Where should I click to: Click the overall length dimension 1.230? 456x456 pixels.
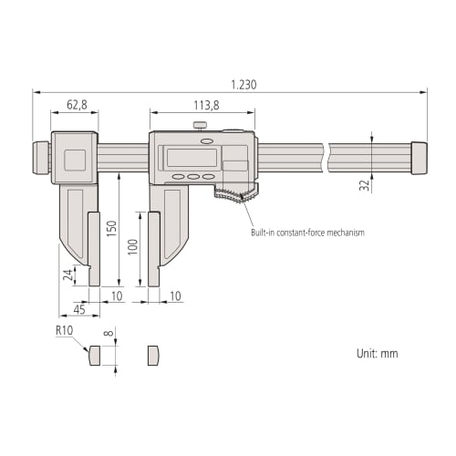[x=244, y=84]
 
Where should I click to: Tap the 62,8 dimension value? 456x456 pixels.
[x=77, y=106]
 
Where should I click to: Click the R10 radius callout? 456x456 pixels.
[x=64, y=330]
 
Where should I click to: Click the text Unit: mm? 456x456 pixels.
[x=376, y=353]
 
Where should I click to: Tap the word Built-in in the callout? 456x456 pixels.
[x=266, y=233]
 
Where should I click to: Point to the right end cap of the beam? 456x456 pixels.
[x=420, y=156]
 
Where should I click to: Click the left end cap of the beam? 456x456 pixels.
[x=42, y=156]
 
